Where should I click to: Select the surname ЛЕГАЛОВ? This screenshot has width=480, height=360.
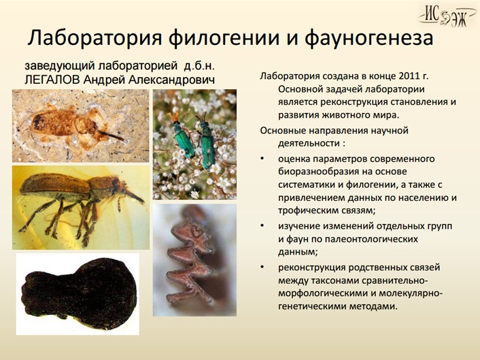tap(52, 80)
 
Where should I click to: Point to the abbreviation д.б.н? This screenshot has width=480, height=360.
tap(199, 65)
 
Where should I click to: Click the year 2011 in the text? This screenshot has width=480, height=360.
tap(409, 76)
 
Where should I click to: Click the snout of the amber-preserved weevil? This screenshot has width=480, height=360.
tap(134, 196)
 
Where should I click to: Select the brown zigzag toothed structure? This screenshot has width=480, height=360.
tap(188, 259)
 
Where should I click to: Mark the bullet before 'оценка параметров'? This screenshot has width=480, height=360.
tap(262, 159)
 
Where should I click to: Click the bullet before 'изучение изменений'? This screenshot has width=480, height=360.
tap(262, 226)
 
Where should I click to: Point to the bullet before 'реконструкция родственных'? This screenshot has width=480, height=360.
tap(262, 267)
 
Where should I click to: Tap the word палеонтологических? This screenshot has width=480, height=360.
tap(369, 239)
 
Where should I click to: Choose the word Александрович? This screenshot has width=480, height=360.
tap(171, 80)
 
